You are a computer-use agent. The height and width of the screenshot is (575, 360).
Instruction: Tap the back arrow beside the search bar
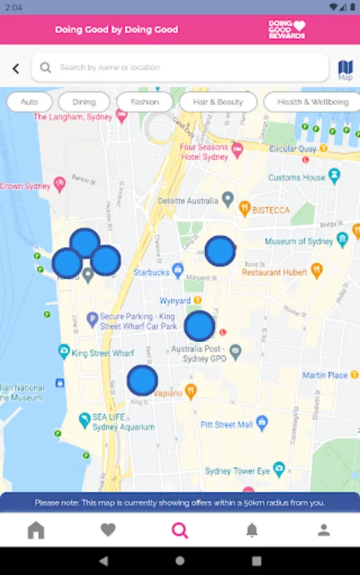16,68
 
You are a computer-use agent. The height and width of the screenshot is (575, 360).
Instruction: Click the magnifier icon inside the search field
45,67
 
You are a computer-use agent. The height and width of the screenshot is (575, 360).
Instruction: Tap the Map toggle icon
345,69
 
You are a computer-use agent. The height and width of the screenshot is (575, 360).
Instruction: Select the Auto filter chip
29,102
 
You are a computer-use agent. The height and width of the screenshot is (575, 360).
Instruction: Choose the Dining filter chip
84,102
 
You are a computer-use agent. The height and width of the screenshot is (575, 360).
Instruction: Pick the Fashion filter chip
145,102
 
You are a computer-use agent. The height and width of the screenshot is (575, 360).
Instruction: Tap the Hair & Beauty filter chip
218,102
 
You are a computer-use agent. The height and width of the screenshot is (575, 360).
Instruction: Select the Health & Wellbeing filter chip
313,102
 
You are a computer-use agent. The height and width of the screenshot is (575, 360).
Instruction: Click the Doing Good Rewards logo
286,29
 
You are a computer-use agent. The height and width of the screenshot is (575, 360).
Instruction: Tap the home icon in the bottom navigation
36,530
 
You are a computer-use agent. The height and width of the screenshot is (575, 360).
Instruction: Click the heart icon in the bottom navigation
108,530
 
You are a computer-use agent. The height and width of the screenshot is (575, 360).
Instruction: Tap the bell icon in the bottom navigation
253,530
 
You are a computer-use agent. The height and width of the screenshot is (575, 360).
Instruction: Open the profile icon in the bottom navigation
324,530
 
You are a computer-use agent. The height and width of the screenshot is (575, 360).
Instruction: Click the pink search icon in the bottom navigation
180,530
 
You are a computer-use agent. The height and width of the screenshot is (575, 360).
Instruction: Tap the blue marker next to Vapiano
142,380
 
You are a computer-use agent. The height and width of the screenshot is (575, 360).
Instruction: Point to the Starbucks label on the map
151,273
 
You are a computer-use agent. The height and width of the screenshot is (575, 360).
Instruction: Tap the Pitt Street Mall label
227,424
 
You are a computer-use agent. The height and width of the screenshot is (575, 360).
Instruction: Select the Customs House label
297,177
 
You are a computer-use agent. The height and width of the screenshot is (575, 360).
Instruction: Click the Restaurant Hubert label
274,272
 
